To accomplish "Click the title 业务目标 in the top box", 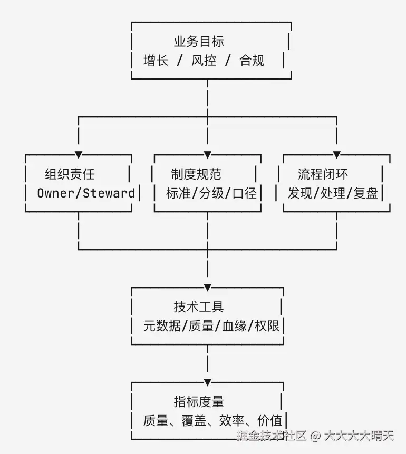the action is [x=199, y=42].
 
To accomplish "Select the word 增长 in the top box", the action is [x=156, y=61].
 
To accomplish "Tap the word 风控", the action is [x=204, y=61].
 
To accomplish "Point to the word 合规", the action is [x=252, y=61].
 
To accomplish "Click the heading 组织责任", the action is [x=70, y=174].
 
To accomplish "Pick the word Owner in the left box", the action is [x=56, y=193].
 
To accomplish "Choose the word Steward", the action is [x=109, y=193].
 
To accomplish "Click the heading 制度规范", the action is [x=196, y=174].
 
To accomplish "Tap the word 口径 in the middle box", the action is [x=245, y=193].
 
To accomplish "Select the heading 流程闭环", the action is [x=323, y=174].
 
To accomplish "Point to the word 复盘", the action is [x=366, y=193].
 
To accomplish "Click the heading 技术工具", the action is [x=199, y=307].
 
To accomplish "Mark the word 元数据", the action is [x=162, y=326].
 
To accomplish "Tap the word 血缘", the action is [x=235, y=326].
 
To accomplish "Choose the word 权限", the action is [x=267, y=326].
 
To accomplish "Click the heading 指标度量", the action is [x=199, y=402].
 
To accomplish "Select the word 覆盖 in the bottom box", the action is [x=194, y=421].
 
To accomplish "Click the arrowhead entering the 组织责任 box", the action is [x=79, y=155].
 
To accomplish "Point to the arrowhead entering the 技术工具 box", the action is [x=208, y=288].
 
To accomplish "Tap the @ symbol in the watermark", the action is [x=316, y=436].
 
